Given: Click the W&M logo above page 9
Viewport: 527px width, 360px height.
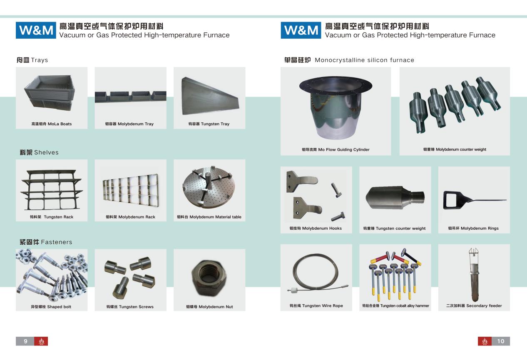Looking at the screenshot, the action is (36, 30).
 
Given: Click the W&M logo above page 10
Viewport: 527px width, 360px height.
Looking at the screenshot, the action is (301, 30).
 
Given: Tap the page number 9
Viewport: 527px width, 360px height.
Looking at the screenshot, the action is (25, 341).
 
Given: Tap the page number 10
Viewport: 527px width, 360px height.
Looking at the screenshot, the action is (501, 341).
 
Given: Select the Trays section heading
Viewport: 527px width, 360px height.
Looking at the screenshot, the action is (32, 60).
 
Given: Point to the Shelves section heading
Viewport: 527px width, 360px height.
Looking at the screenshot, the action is (39, 152).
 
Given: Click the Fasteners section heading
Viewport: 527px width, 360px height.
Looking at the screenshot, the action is (46, 242).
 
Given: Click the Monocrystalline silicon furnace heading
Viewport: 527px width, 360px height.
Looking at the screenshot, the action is (349, 60).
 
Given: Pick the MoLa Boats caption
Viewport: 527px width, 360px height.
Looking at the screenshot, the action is (52, 124).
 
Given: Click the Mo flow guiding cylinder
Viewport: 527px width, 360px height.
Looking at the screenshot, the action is (336, 107).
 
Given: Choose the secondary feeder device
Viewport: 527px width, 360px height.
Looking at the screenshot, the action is (474, 275).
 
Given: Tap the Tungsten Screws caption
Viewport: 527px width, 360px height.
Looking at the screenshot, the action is (130, 307).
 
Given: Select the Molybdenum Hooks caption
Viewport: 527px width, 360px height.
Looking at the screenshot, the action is (316, 228).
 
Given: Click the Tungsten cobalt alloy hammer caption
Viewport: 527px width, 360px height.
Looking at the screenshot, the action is (395, 305).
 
